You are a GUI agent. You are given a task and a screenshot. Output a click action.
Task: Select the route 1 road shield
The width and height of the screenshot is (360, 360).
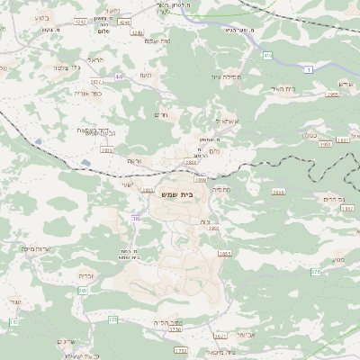[309, 69]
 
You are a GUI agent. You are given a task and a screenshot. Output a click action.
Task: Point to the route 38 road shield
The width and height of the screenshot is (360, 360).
[136, 219]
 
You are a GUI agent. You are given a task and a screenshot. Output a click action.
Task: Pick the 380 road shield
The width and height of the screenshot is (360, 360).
[82, 290]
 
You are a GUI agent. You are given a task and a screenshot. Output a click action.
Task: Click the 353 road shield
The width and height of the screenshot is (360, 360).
[13, 321]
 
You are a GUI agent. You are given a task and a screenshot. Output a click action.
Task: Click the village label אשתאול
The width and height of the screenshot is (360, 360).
[224, 121]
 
